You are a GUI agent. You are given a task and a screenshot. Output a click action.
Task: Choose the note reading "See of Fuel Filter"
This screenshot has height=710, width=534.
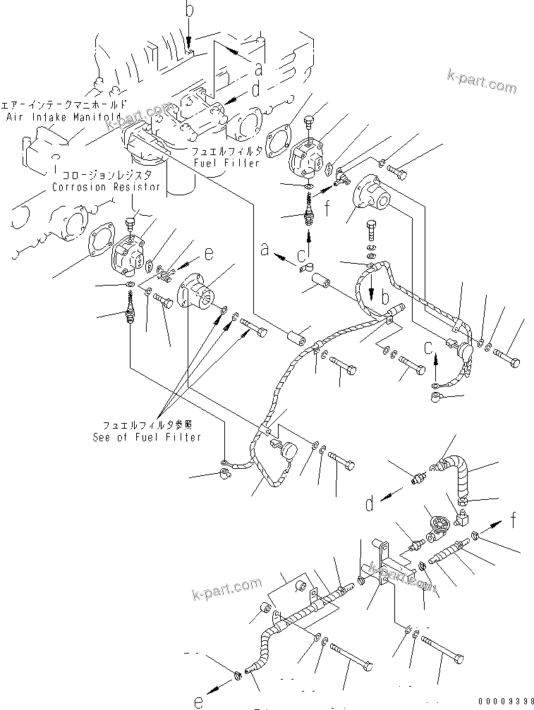click(x=147, y=437)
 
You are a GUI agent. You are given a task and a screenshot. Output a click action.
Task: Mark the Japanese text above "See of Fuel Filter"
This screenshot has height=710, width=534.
click(x=147, y=425)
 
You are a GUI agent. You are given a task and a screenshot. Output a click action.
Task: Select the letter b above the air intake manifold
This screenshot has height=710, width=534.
click(x=189, y=11)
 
